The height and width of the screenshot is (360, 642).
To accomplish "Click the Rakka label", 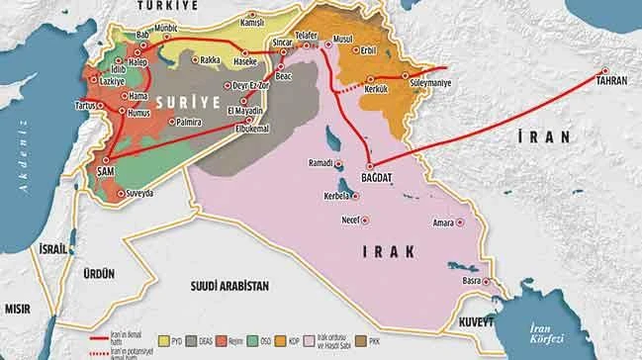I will tap(210, 59).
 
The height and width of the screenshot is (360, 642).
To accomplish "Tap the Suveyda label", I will tap(143, 194).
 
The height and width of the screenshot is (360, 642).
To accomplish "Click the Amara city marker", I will tap(461, 224).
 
